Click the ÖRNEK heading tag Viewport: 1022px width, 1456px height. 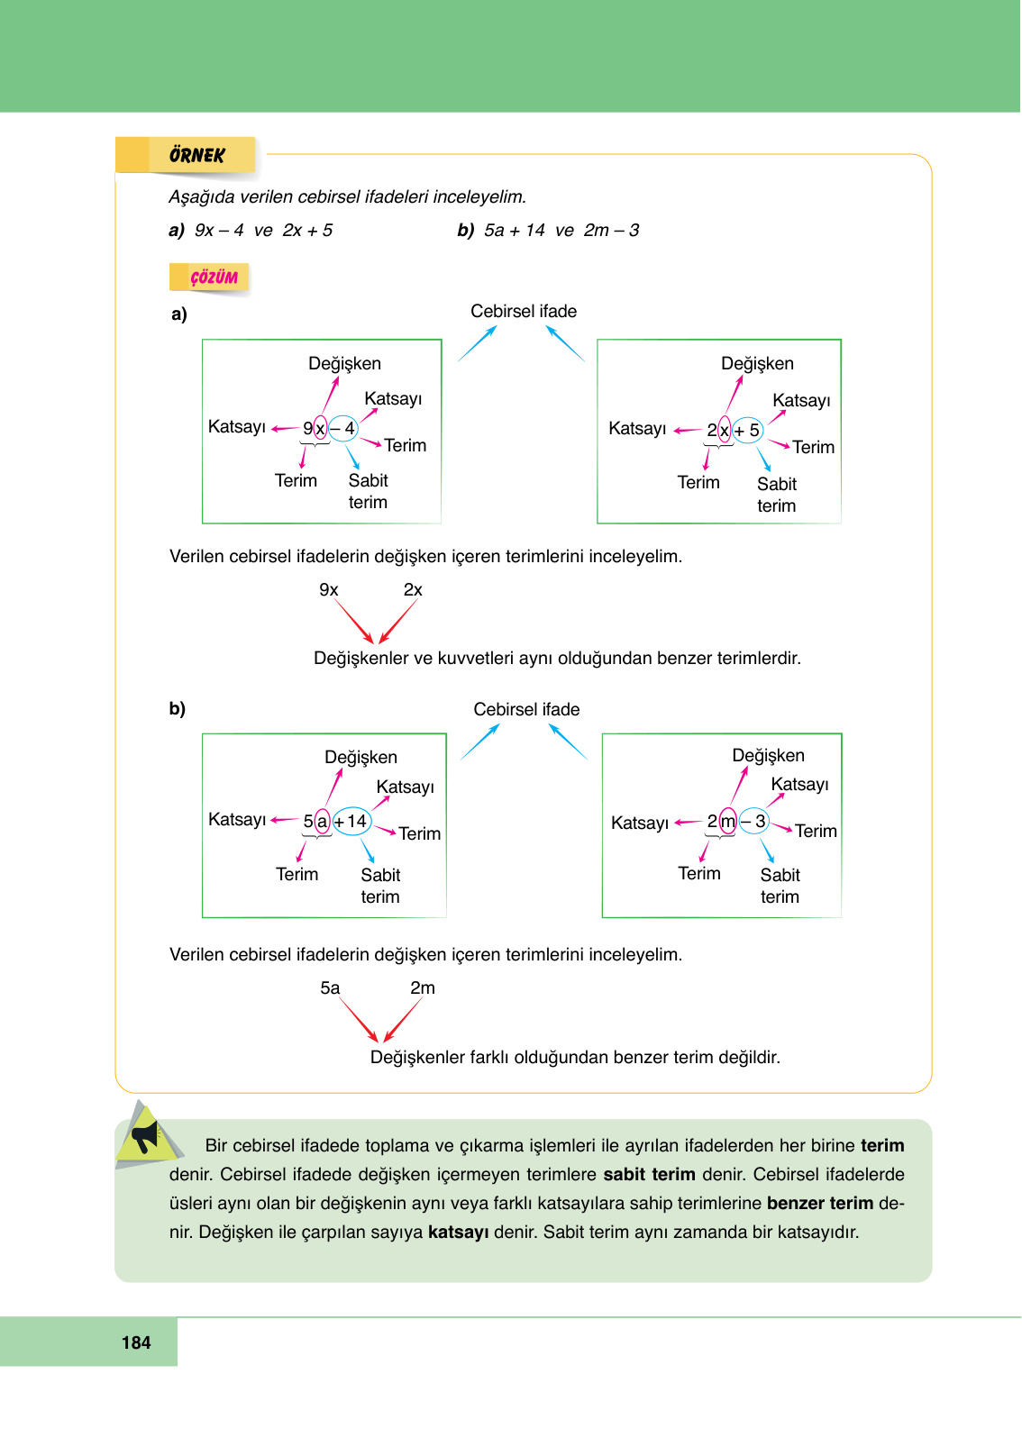tap(196, 155)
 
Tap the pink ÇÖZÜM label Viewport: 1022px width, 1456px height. tap(214, 278)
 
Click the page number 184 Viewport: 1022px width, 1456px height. tap(136, 1342)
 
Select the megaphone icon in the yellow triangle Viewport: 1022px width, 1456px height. tap(144, 1136)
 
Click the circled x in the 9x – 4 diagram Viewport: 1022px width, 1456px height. tap(320, 429)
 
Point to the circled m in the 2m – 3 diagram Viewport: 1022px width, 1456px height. tap(728, 821)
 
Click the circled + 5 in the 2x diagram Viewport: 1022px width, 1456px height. tap(747, 431)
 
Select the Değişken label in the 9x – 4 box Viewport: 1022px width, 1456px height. tap(344, 363)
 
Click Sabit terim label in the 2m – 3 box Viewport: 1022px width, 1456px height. tap(780, 886)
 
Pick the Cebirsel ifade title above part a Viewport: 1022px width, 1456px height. tap(524, 311)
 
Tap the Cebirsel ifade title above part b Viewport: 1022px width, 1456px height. tap(526, 709)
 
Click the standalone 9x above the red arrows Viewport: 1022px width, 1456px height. tap(329, 589)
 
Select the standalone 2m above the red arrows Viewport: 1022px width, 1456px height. tap(423, 987)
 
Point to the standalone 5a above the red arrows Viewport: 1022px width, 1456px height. tap(330, 987)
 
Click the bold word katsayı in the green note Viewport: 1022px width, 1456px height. tap(458, 1232)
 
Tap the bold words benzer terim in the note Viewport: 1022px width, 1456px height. tap(819, 1203)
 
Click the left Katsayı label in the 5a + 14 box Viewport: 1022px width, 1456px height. tap(237, 819)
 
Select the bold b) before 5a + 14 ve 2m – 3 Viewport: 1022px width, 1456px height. tap(465, 230)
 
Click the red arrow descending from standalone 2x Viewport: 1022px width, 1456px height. tap(398, 622)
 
